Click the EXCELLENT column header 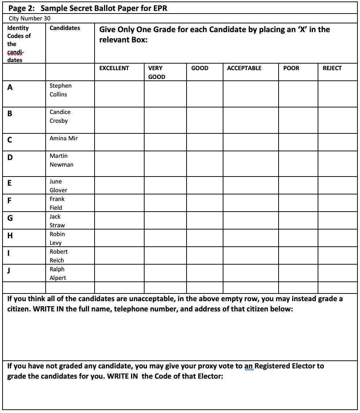[114, 68]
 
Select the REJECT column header [332, 68]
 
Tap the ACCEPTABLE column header [244, 68]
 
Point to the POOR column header [291, 68]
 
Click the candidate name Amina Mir [64, 138]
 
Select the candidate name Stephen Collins [60, 90]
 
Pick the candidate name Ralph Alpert [58, 273]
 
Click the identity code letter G [10, 219]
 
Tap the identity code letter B [10, 114]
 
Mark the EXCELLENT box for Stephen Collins [119, 94]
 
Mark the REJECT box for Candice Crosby [337, 120]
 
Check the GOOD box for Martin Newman [205, 163]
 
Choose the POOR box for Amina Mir [298, 142]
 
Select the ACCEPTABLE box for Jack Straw [251, 220]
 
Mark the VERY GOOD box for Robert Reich [165, 255]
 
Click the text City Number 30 [29, 18]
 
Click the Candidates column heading [65, 28]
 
